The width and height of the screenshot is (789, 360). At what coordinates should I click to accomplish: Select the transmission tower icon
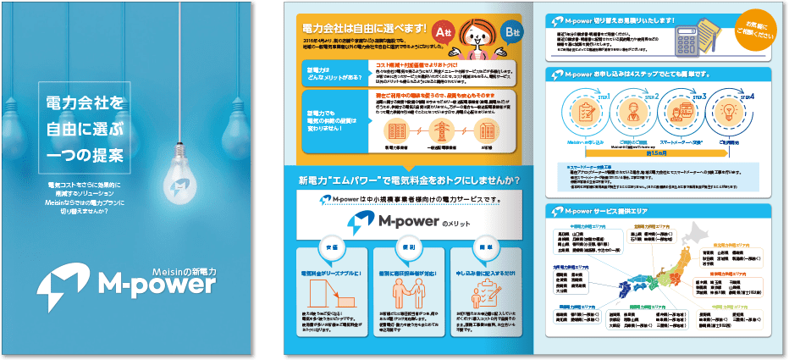[440, 131]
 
